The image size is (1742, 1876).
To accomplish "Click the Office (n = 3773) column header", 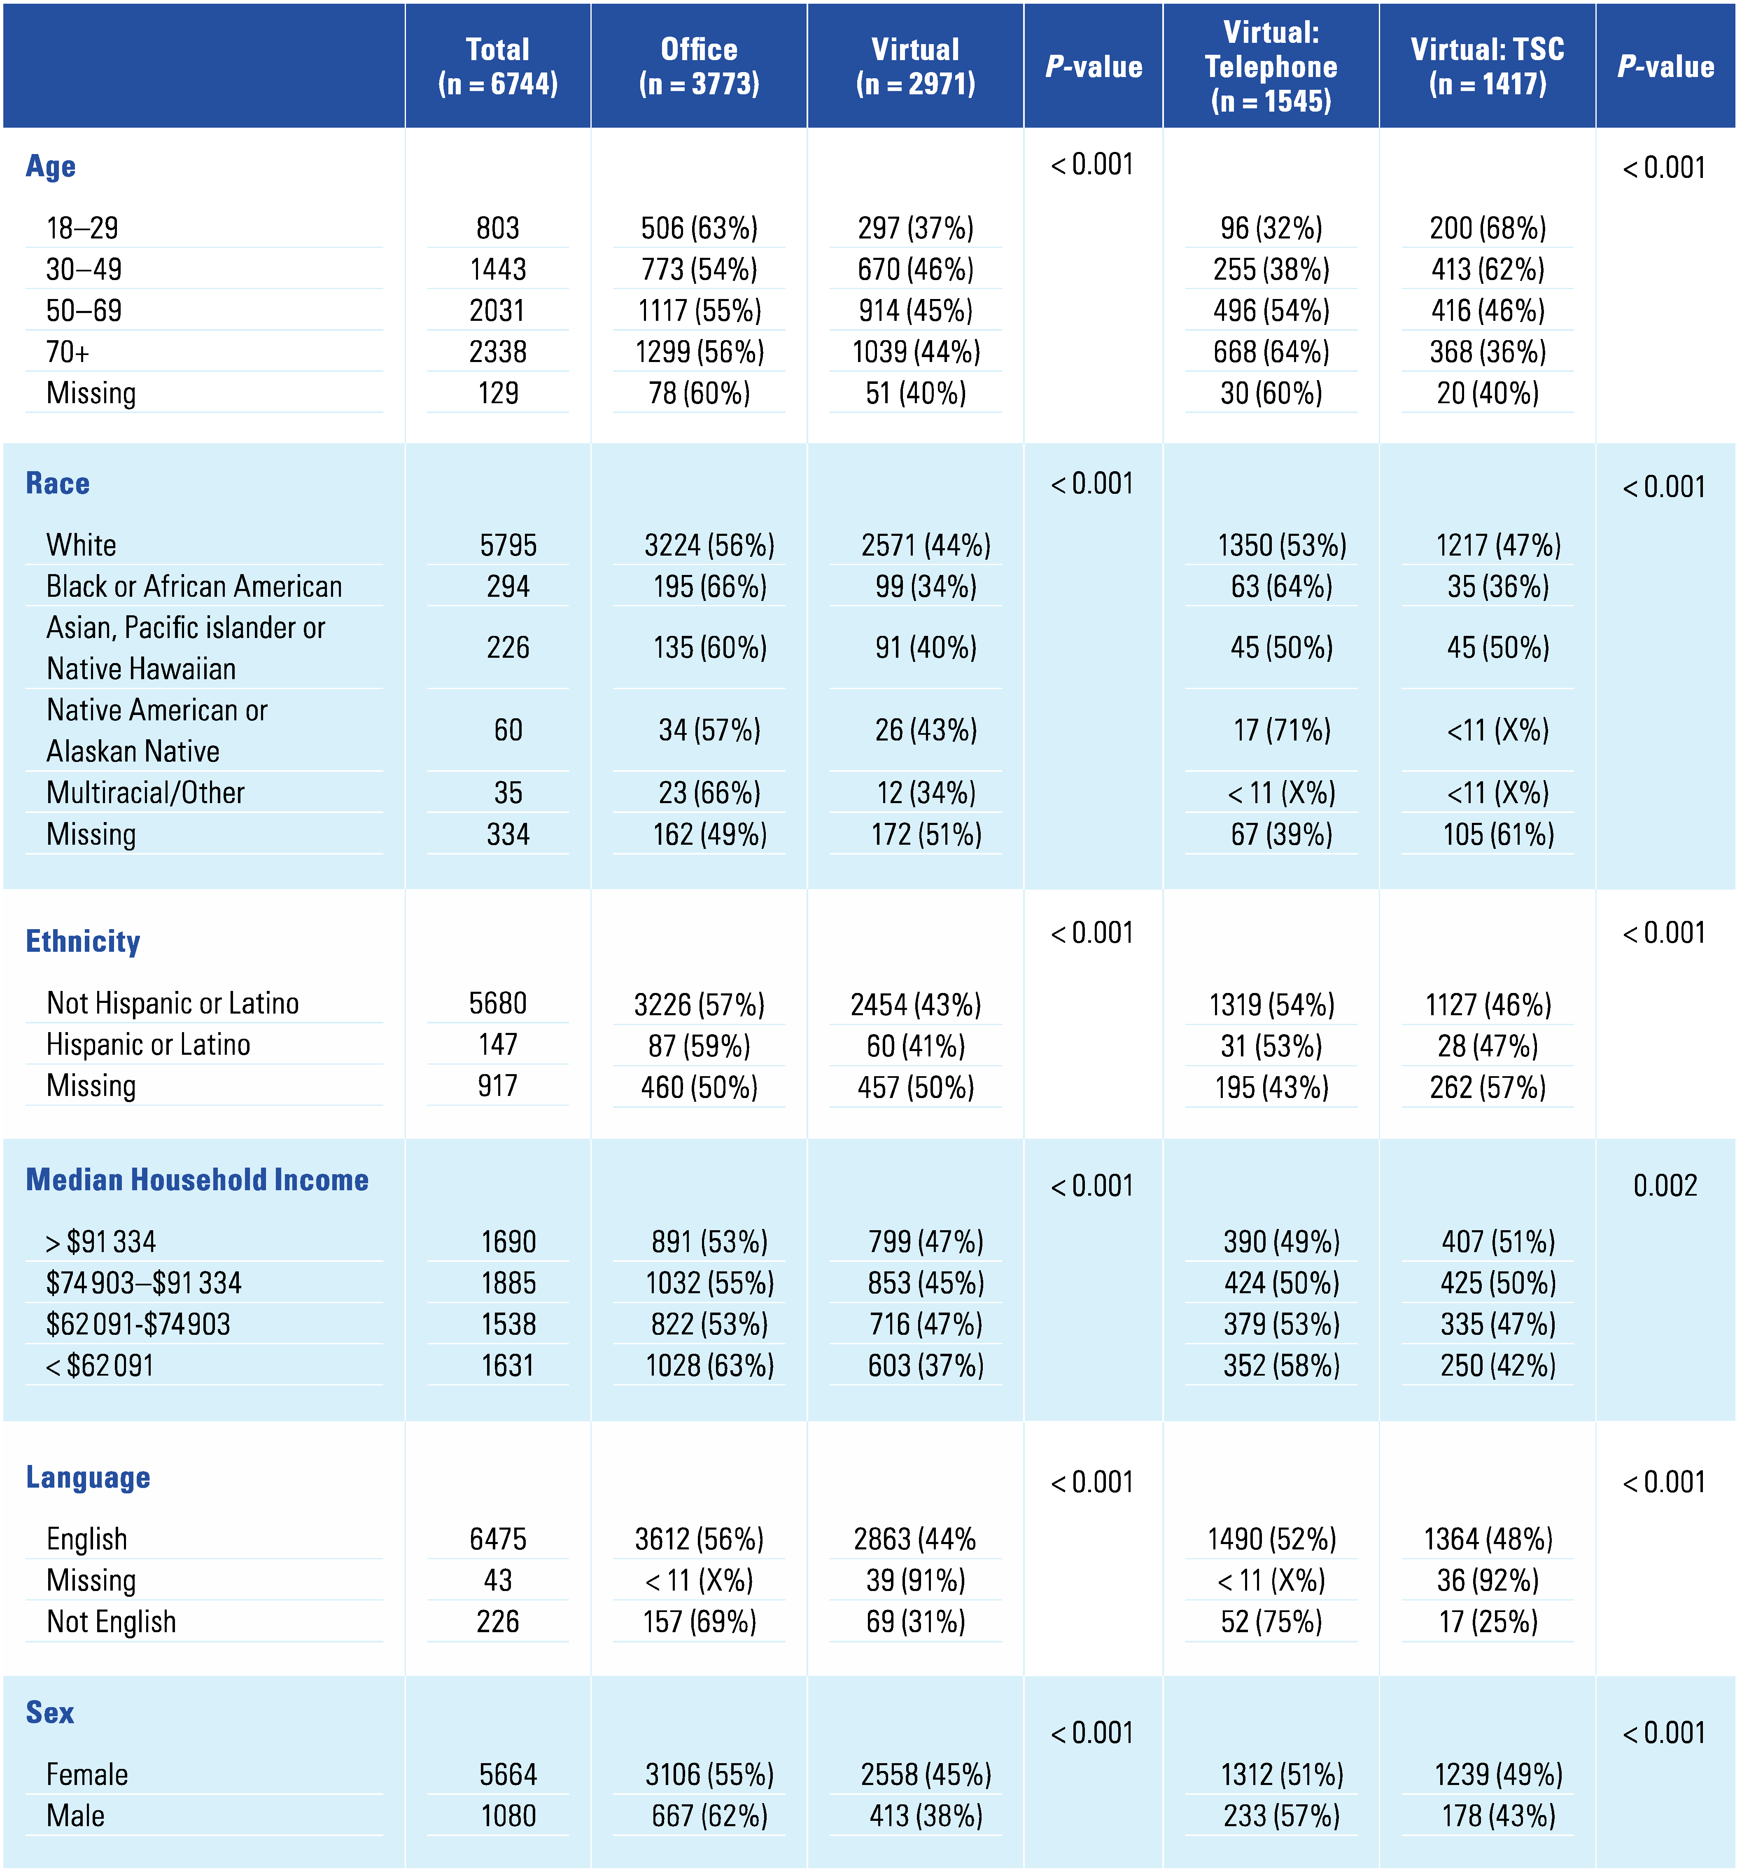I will pos(699,66).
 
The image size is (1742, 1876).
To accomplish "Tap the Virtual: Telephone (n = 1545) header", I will pos(1271,66).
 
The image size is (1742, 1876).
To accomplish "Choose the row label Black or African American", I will pos(194,586).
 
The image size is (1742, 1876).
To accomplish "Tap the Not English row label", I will pos(111,1621).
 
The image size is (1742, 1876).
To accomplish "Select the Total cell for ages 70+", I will pos(498,352).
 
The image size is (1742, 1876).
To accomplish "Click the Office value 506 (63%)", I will pos(699,228).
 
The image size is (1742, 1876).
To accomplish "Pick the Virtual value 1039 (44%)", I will pos(915,352).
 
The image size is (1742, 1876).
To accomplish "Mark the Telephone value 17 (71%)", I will pos(1281,730).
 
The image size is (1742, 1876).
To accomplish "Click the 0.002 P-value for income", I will pos(1665,1185).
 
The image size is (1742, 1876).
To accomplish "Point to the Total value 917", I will pos(498,1086).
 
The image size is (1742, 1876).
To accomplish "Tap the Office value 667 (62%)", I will pos(709,1816).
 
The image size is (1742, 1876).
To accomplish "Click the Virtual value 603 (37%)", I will pos(926,1365).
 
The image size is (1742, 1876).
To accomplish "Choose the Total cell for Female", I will pos(507,1774).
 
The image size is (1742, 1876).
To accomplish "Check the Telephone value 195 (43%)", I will pos(1271,1087).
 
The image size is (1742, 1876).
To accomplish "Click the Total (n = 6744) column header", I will pos(498,66).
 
